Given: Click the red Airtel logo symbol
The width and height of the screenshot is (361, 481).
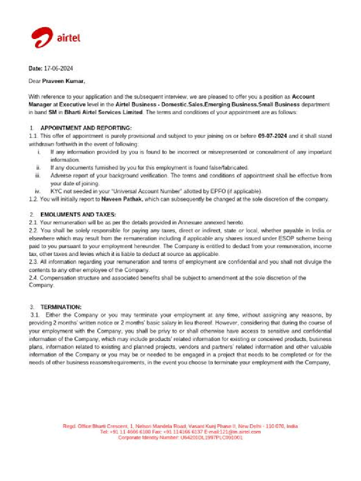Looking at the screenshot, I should click(x=42, y=38).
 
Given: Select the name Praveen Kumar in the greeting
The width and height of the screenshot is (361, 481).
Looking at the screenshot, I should click(x=63, y=81).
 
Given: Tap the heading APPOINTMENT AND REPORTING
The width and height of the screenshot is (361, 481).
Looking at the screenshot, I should click(x=86, y=128).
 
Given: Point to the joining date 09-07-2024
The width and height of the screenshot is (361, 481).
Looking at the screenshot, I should click(x=272, y=136).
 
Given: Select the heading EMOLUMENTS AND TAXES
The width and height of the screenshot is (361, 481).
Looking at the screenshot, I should click(x=78, y=214).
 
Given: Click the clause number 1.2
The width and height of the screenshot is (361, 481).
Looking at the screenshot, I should click(x=33, y=199).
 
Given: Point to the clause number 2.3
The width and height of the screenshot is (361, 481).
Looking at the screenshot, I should click(x=33, y=262).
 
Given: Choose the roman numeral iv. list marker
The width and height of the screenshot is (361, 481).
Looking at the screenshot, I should click(x=38, y=191).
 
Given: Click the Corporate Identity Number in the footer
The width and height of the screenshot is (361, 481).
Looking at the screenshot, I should click(x=212, y=437).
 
